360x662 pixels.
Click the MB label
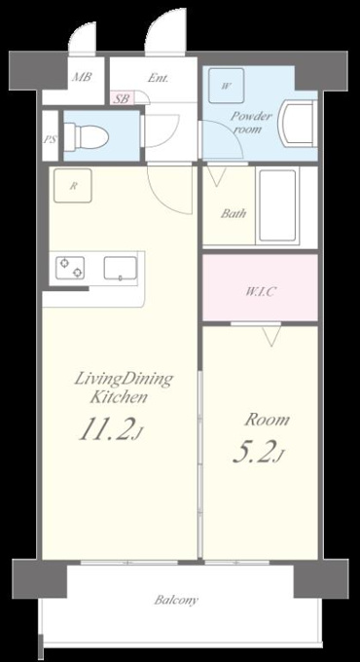pos(82,77)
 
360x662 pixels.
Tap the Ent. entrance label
pos(159,78)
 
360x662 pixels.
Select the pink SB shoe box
pos(123,99)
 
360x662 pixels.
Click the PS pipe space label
pos(51,139)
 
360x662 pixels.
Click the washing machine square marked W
pos(227,86)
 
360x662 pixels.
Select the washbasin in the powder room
pos(299,124)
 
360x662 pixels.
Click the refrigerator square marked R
pos(73,186)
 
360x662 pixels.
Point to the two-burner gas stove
pos(70,268)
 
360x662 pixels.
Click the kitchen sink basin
pos(121,268)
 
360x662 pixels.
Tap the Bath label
pos(234,213)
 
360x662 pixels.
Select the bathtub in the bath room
pos(277,205)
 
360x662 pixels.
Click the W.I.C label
pos(261,291)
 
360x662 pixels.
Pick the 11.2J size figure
pos(110,429)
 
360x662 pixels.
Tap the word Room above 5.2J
pos(268,420)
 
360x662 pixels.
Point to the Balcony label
pos(176,600)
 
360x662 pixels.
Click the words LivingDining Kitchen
pos(124,387)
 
